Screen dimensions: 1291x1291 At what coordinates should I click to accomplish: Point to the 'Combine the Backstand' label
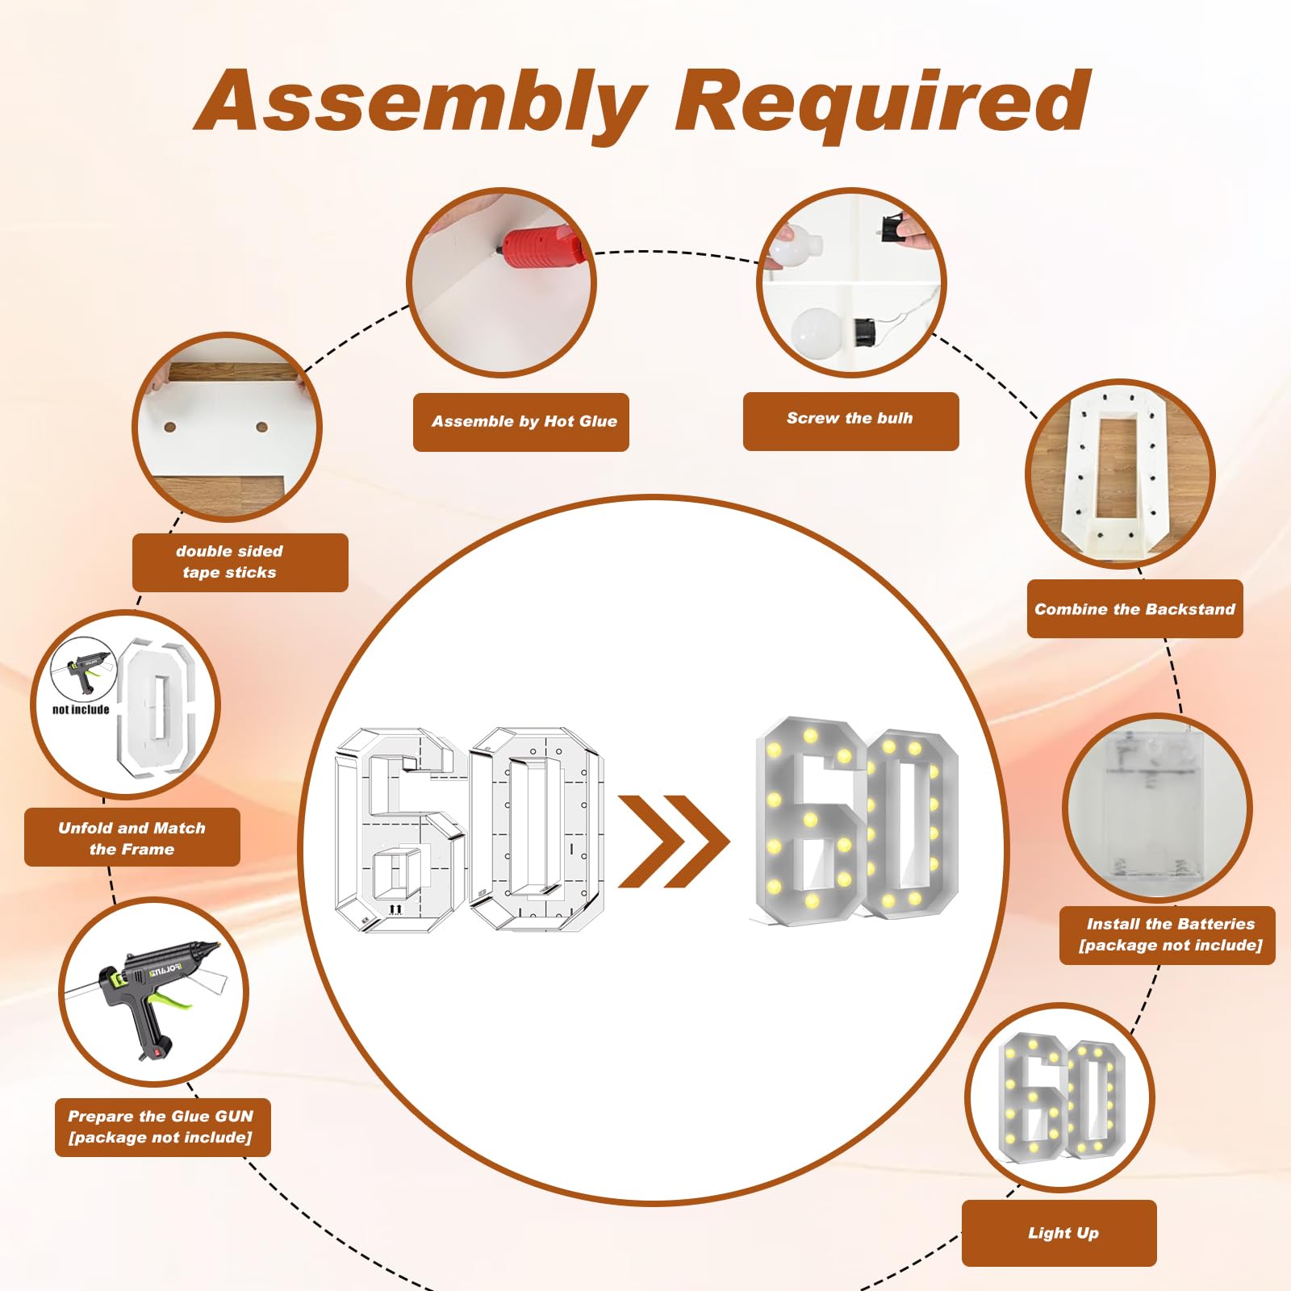1134,609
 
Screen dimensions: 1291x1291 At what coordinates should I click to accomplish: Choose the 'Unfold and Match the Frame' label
132,838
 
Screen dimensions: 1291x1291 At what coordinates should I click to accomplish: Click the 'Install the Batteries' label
1171,924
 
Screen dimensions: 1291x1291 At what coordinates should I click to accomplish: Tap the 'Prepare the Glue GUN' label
161,1117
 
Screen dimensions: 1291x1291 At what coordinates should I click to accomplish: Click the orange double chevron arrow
674,842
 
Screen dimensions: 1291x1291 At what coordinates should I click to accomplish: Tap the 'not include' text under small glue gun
81,710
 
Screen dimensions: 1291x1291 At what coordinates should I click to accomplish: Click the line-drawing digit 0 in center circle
536,829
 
